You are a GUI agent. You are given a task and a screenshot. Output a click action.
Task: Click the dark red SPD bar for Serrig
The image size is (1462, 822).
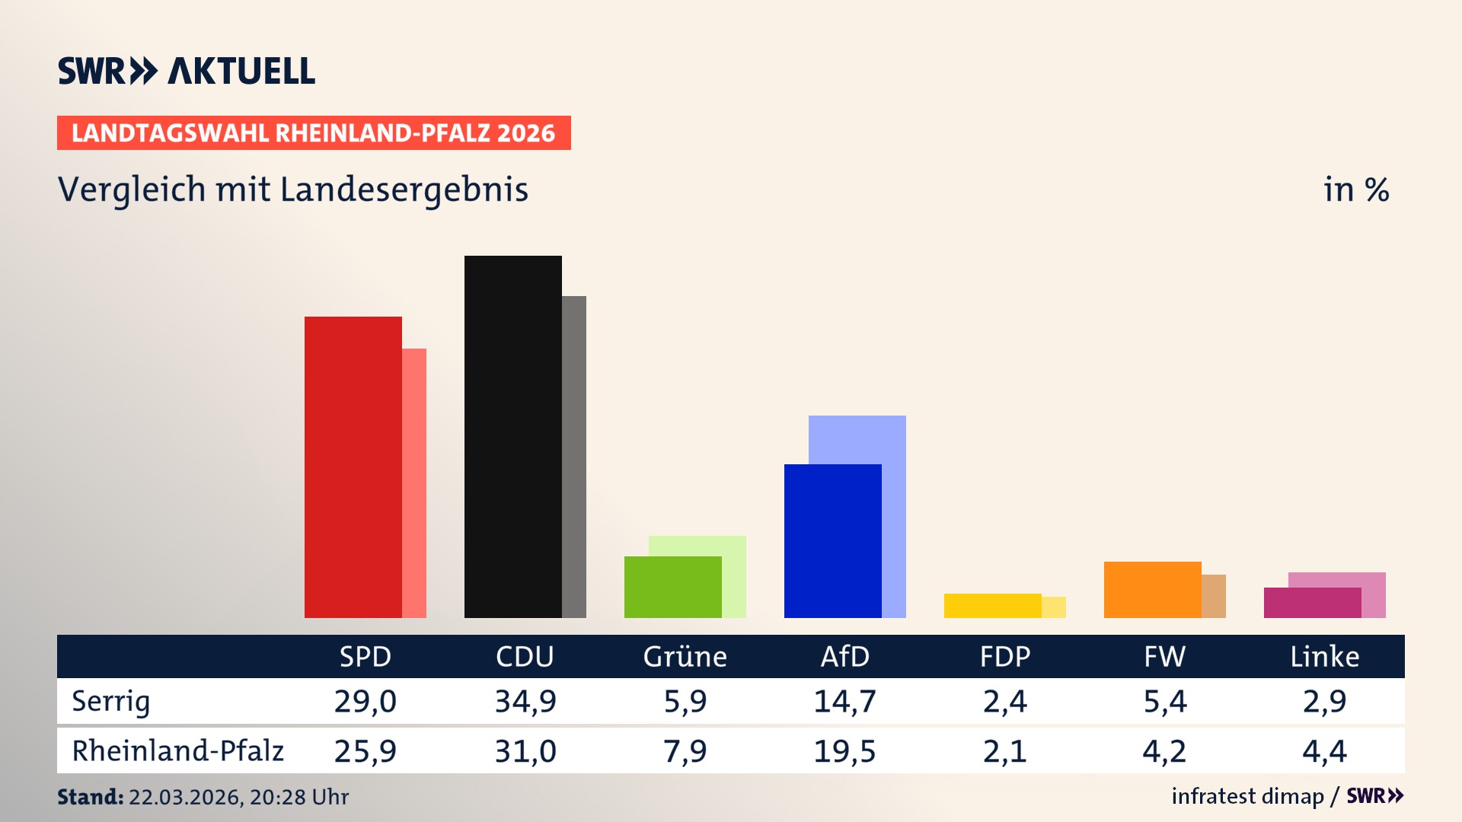pos(353,467)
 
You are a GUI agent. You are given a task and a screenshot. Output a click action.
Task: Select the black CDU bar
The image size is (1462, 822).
pos(512,436)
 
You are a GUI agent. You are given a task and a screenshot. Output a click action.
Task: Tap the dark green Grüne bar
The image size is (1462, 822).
pos(672,587)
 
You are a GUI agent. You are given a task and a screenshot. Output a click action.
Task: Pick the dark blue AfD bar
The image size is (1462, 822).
pos(832,540)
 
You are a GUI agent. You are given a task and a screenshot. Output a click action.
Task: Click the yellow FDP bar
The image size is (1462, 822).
pos(992,606)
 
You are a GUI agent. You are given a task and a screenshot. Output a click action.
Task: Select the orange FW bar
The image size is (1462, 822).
pos(1152,590)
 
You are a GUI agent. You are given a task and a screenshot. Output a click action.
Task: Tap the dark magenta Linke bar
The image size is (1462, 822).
pos(1312,603)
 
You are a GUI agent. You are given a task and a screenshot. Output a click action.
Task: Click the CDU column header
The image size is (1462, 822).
pos(525,656)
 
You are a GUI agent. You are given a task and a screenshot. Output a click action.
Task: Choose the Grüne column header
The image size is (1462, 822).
pos(685,656)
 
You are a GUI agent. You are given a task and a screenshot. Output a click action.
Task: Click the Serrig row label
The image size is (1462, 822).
pos(111,701)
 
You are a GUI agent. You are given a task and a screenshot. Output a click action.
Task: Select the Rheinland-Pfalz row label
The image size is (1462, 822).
pos(177,751)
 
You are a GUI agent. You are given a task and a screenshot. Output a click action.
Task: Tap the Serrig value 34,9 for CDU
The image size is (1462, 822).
pos(525,701)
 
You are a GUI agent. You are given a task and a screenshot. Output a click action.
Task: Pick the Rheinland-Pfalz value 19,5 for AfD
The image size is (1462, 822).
pos(844,751)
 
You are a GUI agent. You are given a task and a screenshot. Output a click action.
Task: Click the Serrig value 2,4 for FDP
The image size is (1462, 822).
pos(1004,701)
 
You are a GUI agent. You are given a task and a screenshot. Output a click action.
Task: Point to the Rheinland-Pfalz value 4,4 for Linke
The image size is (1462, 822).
pos(1324,751)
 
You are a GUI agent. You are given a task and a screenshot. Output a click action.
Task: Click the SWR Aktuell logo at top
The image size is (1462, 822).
pos(187,71)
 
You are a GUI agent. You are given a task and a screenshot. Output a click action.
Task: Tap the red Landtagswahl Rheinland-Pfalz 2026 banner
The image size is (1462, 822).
pos(314,132)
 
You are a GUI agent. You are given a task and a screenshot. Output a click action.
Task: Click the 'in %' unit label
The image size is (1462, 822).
pos(1355,190)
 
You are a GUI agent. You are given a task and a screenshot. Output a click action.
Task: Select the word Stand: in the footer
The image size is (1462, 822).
pos(90,797)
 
